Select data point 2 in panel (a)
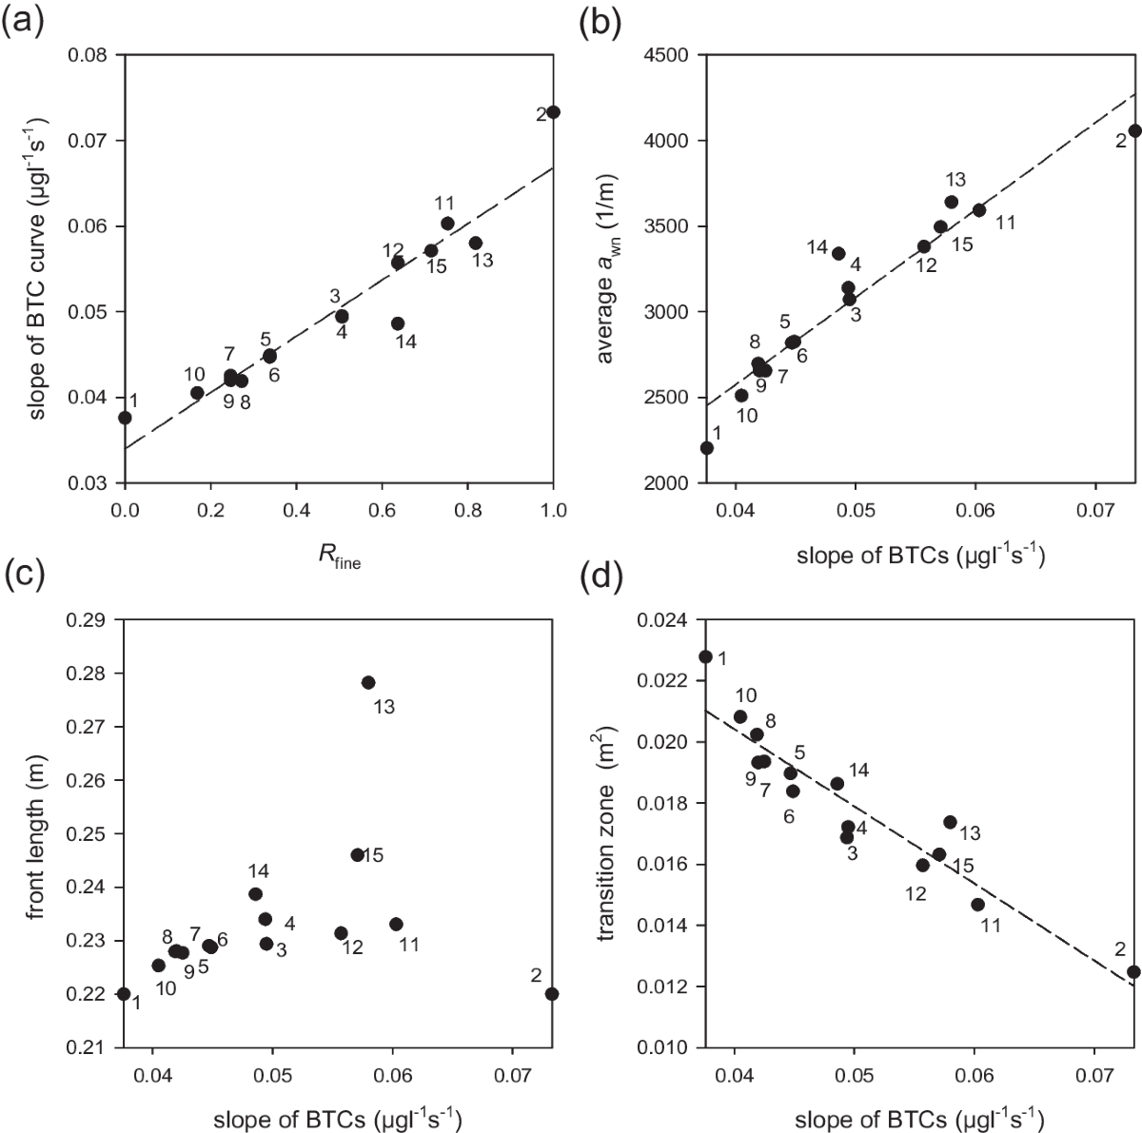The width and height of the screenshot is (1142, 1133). click(x=553, y=112)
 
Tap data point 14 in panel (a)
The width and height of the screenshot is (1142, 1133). click(x=398, y=323)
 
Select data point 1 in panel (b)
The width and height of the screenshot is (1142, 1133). click(x=706, y=448)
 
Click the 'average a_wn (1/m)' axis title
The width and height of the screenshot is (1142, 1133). click(x=605, y=268)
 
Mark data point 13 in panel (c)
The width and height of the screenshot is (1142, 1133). click(x=368, y=682)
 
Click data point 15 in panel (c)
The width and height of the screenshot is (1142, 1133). click(x=358, y=855)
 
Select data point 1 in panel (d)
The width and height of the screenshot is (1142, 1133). click(x=706, y=656)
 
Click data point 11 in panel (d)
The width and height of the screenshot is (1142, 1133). click(x=977, y=904)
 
